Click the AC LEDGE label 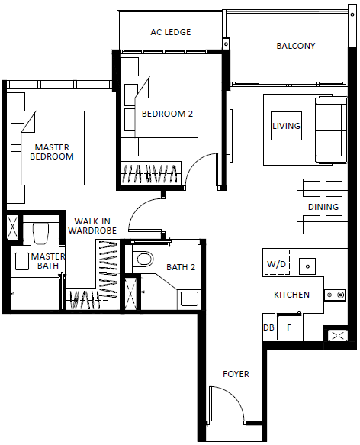point(171,32)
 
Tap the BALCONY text point(296,46)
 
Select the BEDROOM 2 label point(167,114)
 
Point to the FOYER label point(236,374)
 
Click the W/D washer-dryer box point(277,263)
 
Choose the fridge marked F point(289,327)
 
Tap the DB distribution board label point(268,327)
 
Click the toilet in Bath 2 point(143,259)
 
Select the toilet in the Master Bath point(41,234)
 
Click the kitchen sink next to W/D point(307,266)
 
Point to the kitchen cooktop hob point(335,295)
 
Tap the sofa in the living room point(331,131)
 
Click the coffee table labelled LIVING point(286,126)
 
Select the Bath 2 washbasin point(189,299)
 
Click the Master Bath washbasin point(21,261)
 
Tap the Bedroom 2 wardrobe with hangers point(151,173)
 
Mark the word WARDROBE point(92,231)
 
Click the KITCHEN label point(291,295)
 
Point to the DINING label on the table point(323,207)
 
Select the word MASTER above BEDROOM point(52,147)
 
